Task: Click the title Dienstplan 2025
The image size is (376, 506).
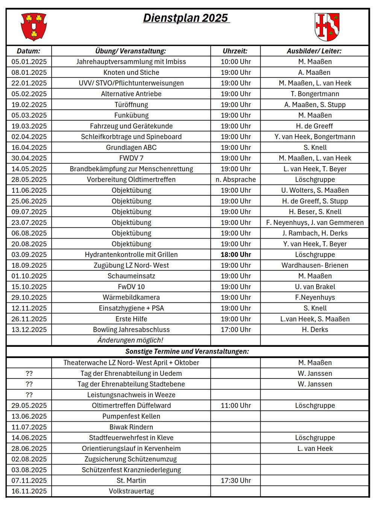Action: [186, 18]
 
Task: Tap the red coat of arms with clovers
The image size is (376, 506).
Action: [34, 26]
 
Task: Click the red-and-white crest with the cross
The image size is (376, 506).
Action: [327, 27]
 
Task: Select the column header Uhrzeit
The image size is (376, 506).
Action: [235, 51]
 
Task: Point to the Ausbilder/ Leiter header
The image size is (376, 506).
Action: [314, 51]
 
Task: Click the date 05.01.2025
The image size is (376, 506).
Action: [29, 62]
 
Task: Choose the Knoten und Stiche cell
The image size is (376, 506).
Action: [131, 73]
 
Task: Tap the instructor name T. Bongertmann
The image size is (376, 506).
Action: [315, 94]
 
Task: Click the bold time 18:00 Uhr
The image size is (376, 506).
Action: [235, 255]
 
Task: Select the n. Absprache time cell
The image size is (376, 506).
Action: [235, 180]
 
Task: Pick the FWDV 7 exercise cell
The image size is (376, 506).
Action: [131, 158]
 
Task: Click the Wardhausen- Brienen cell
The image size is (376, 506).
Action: [315, 266]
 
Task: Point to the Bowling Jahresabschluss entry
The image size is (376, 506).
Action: [131, 330]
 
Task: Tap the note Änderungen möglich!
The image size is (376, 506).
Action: [130, 340]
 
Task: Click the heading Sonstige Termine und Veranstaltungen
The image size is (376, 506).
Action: [187, 352]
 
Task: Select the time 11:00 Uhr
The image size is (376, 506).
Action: [235, 406]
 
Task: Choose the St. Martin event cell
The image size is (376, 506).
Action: [131, 481]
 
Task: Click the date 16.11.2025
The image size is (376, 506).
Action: [29, 491]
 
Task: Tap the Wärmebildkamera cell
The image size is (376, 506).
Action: [131, 298]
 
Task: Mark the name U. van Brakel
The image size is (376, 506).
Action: [315, 287]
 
